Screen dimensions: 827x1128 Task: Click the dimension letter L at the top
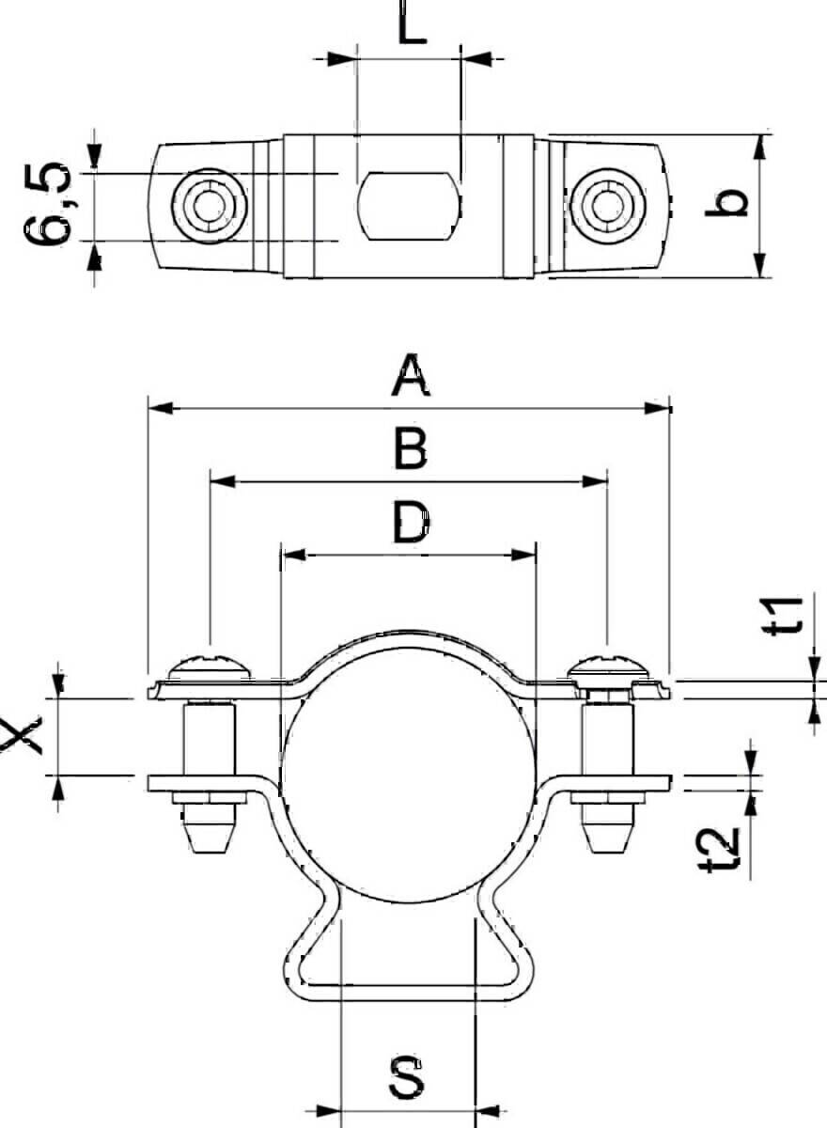point(412,22)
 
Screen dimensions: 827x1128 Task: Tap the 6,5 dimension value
point(47,204)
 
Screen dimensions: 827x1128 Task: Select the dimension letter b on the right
point(726,202)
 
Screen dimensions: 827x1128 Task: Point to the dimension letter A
point(411,375)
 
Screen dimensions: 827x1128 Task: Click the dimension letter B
point(411,449)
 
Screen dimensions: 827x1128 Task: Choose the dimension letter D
point(412,523)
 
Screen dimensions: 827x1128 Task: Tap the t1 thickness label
point(784,616)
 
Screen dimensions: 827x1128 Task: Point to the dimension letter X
point(21,736)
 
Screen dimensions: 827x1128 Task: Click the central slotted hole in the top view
point(410,206)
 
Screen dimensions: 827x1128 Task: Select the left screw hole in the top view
point(210,206)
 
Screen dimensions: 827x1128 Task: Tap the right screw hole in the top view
point(607,206)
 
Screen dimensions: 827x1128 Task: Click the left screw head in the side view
point(211,667)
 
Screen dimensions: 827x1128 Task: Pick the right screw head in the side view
point(608,667)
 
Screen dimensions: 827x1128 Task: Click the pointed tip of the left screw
point(210,852)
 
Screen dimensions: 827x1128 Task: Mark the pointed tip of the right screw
point(608,852)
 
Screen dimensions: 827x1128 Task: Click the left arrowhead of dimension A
point(161,408)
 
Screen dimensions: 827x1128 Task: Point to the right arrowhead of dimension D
point(523,556)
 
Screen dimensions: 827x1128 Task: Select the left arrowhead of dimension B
point(223,481)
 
